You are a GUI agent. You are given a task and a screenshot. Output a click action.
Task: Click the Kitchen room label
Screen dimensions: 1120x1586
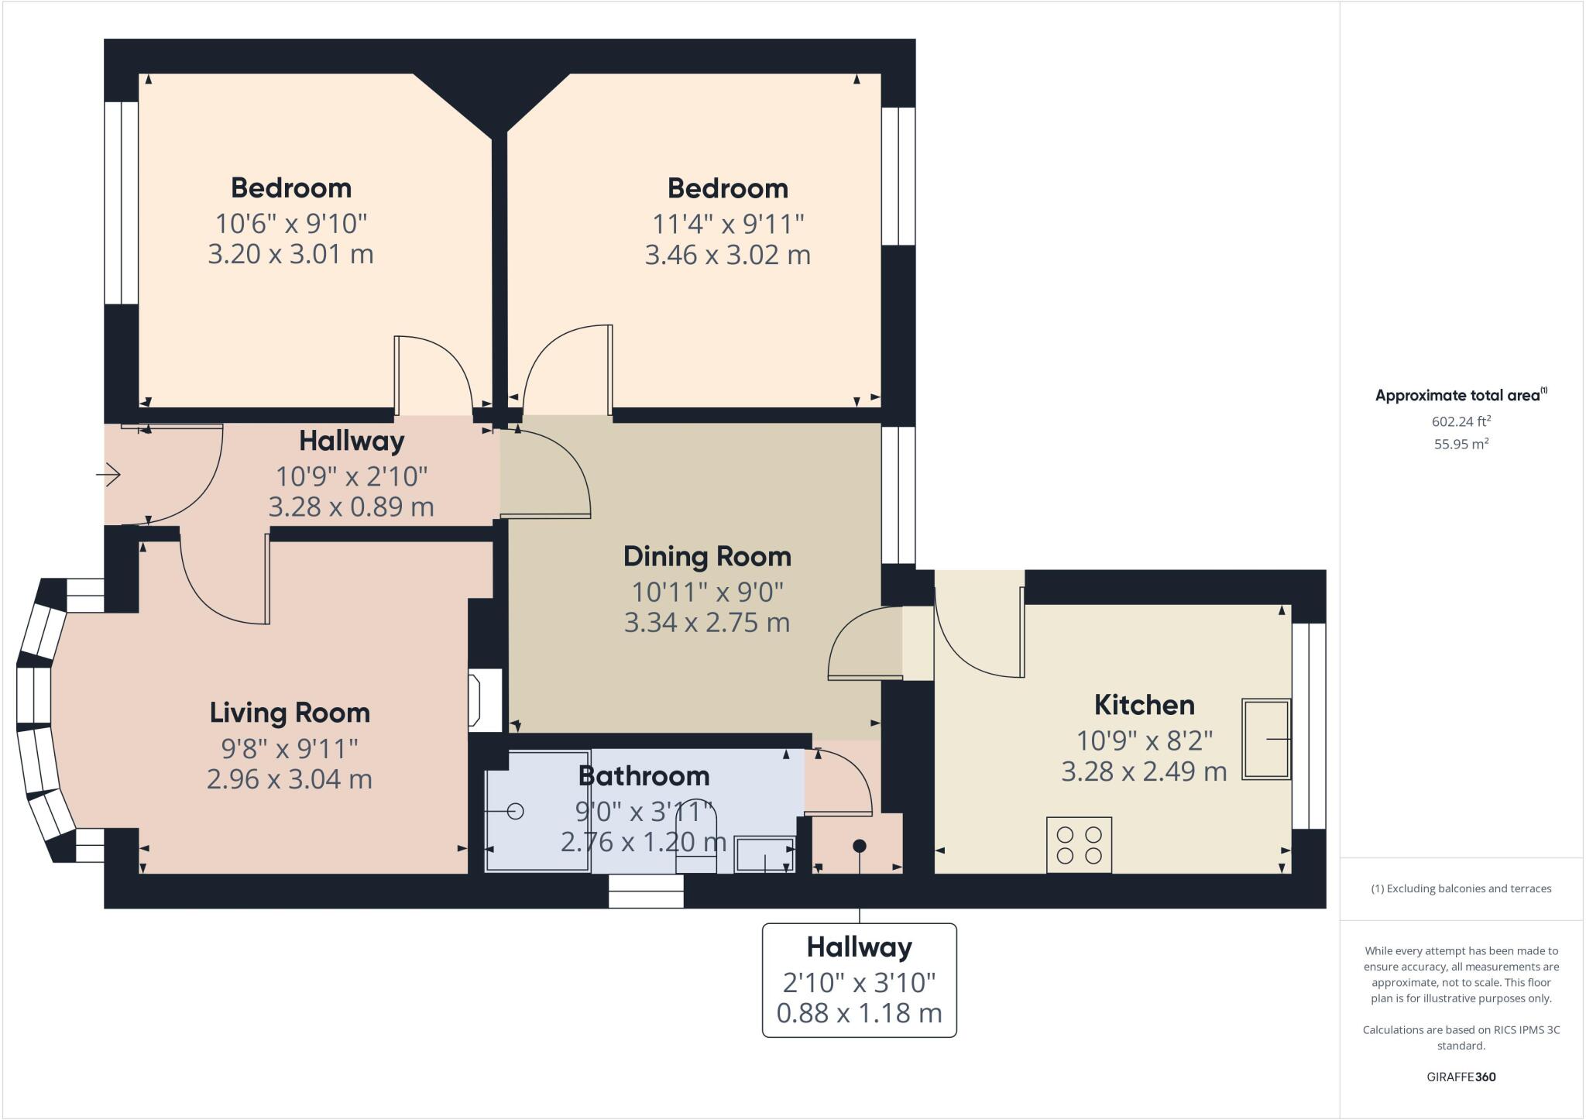(x=1144, y=705)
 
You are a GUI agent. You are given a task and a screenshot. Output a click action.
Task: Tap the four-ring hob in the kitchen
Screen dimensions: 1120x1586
(x=1079, y=845)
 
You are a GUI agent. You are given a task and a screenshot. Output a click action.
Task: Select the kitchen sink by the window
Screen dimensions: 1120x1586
(x=1265, y=739)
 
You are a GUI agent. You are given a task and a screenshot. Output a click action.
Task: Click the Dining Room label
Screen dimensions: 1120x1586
(x=707, y=556)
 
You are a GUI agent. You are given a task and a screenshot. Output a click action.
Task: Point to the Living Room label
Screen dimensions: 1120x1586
(x=290, y=713)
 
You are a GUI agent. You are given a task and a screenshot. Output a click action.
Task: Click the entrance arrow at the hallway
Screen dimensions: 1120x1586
(x=108, y=474)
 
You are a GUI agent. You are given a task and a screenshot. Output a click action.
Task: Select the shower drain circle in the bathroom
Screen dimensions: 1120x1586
(x=515, y=811)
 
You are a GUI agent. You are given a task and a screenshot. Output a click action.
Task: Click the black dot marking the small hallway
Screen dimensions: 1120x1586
(x=859, y=846)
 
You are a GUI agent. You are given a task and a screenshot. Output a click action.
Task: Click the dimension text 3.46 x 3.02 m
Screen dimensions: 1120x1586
(x=727, y=255)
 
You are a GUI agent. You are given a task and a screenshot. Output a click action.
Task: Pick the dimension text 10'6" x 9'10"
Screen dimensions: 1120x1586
(x=290, y=224)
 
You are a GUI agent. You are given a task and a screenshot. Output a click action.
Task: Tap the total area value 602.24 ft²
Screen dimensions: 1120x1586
(x=1461, y=422)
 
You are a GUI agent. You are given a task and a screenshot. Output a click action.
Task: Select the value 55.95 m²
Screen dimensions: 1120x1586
(x=1461, y=445)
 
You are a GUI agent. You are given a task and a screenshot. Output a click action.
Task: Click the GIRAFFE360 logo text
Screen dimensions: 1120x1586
(x=1461, y=1077)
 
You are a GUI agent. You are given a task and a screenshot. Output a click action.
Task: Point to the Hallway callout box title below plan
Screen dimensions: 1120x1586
(x=859, y=947)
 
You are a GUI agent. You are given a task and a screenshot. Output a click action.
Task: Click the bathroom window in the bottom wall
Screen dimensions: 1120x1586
(x=646, y=891)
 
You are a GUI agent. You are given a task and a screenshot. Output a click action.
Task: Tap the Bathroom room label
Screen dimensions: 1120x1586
(x=644, y=775)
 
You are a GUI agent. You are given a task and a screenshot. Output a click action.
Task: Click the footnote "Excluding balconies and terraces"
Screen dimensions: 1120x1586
(x=1461, y=888)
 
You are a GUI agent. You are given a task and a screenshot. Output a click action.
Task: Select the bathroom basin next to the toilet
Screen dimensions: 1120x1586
(x=764, y=854)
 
